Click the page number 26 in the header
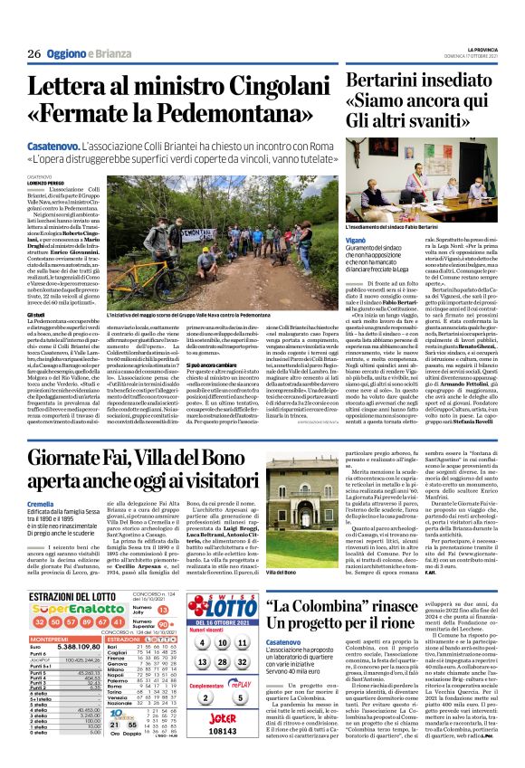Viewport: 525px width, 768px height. [33, 54]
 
